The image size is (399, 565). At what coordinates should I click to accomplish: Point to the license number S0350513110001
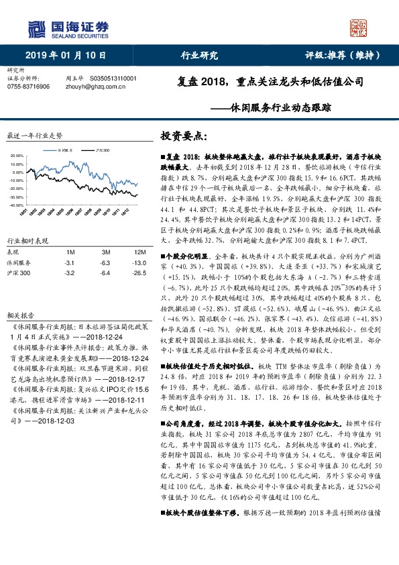[x=113, y=79]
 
